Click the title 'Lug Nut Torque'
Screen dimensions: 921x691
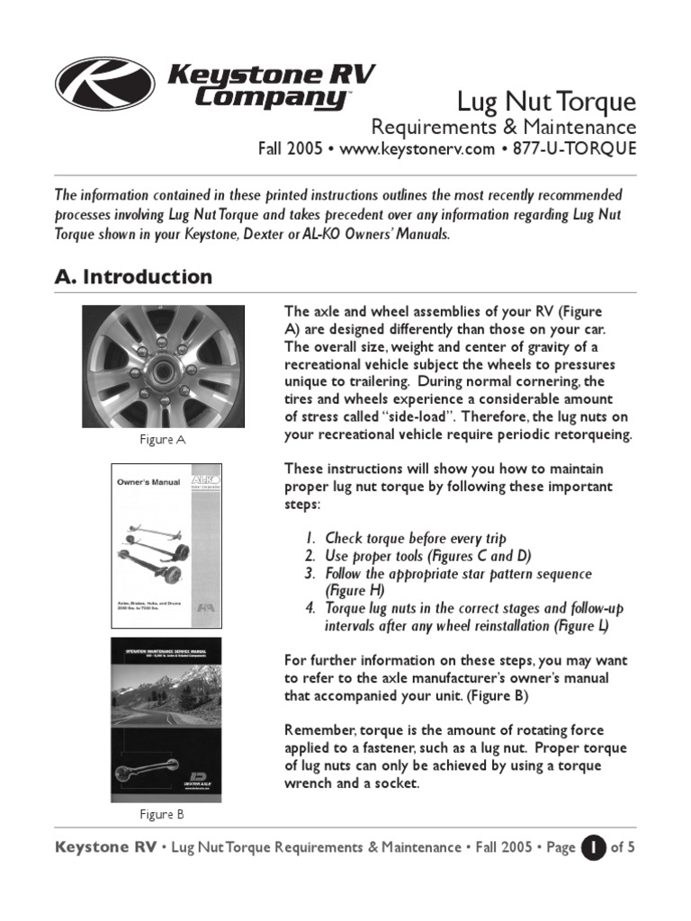pos(547,101)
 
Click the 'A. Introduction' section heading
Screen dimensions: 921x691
pos(134,277)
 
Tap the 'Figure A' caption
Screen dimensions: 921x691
pos(163,440)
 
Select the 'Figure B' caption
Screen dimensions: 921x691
pos(162,815)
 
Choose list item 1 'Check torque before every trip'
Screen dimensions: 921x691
pos(416,539)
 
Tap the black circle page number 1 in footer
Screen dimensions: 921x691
pos(593,847)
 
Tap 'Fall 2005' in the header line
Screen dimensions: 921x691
pos(290,149)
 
